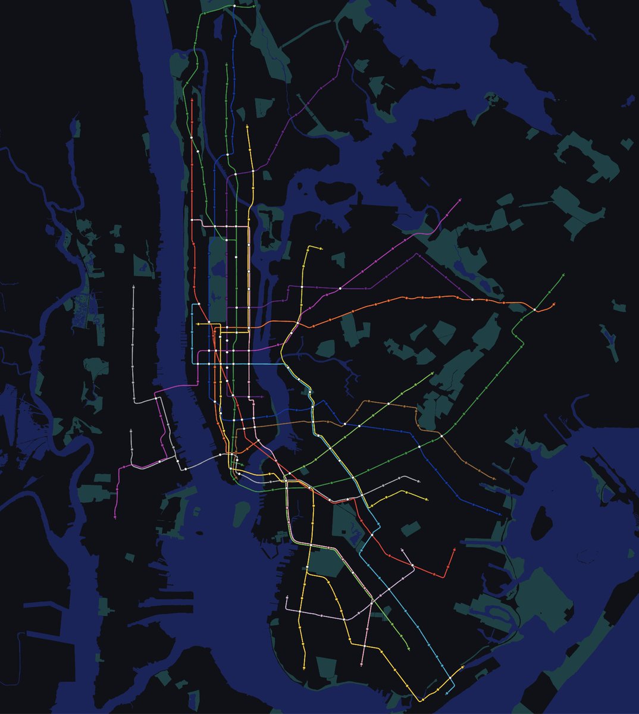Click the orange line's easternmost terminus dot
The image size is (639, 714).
(554, 304)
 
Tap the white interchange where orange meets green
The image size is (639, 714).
(535, 310)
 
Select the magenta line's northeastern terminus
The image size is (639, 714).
(461, 200)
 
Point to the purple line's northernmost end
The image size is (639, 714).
(347, 42)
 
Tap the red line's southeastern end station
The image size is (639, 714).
(455, 550)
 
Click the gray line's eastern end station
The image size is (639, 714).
(419, 481)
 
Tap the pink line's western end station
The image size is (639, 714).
(287, 610)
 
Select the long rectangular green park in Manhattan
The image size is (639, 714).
(218, 274)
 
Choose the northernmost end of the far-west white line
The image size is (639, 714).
(133, 287)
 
